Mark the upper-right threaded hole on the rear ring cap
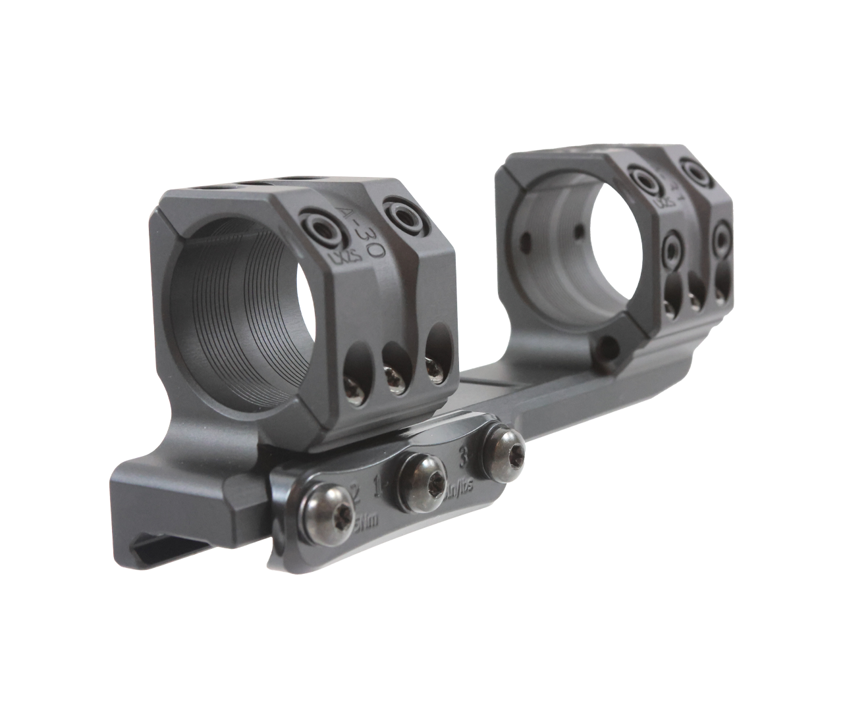coord(693,170)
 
